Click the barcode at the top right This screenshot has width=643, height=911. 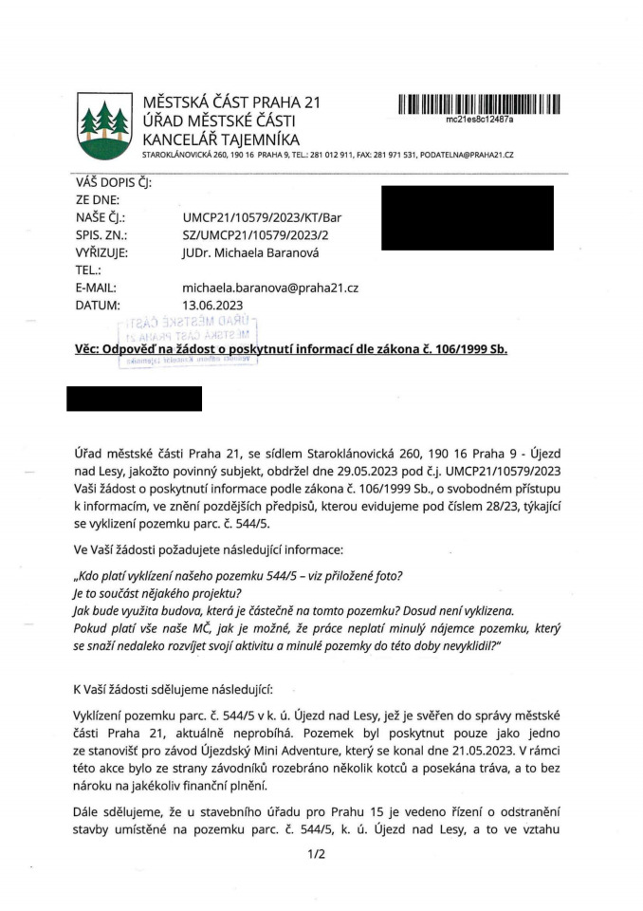click(479, 104)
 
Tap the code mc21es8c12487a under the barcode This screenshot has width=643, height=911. click(479, 121)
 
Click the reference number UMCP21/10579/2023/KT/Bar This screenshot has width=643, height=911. click(262, 217)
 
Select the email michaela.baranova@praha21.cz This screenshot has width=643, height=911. click(269, 288)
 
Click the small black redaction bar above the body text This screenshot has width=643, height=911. click(135, 399)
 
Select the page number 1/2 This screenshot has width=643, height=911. click(317, 854)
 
